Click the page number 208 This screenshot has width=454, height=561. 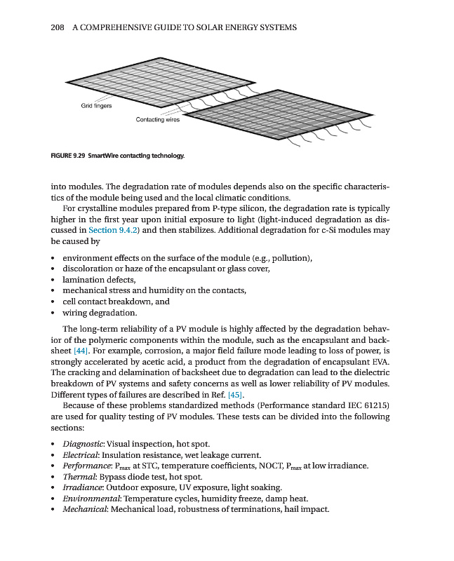click(58, 27)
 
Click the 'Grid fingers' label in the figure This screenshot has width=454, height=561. click(96, 105)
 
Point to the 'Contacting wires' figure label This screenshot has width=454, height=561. click(157, 120)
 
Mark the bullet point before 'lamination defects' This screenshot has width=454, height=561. click(53, 280)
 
